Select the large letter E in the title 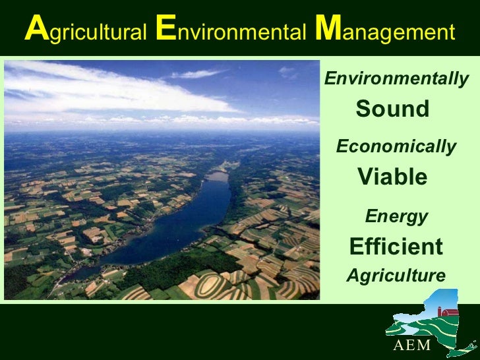(165, 30)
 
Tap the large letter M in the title (326, 30)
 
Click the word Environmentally (396, 80)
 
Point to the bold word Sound (392, 109)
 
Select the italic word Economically (396, 146)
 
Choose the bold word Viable (392, 177)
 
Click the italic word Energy (396, 216)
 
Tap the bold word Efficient (396, 247)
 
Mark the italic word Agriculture (396, 276)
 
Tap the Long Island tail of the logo (465, 346)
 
